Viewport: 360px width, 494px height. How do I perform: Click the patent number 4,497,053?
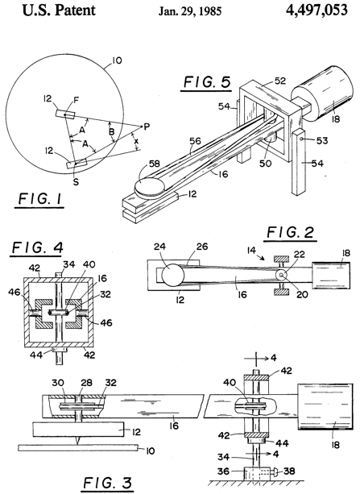click(x=317, y=10)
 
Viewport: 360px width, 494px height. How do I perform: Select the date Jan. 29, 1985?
click(x=189, y=11)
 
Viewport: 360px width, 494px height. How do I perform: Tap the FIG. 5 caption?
click(x=207, y=82)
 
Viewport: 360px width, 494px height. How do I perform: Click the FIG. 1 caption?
click(x=39, y=199)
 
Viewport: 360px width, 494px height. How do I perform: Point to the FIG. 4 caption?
click(x=38, y=247)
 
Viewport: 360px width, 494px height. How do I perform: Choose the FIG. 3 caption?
click(x=108, y=483)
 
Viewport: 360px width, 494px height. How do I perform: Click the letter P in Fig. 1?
click(x=147, y=127)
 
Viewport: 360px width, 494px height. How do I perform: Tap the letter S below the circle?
click(x=76, y=182)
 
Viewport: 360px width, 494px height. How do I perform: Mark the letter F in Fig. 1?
click(x=76, y=100)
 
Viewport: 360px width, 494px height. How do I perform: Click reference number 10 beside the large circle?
click(x=117, y=60)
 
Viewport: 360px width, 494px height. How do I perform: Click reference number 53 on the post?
click(x=322, y=140)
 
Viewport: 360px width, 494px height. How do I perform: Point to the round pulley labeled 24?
click(x=172, y=275)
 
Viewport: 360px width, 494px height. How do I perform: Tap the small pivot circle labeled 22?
click(x=281, y=275)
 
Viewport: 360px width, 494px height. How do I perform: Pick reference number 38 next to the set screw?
click(x=289, y=471)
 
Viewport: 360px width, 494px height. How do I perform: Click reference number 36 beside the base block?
click(x=222, y=471)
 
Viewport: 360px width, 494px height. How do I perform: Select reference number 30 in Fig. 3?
click(x=58, y=383)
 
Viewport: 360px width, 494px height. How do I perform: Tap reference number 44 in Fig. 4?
click(x=36, y=355)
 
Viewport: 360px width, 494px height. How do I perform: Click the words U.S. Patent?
click(x=59, y=10)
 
